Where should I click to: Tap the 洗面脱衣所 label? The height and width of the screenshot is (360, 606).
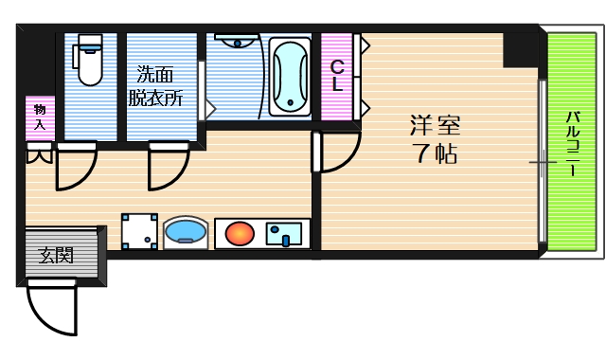156,85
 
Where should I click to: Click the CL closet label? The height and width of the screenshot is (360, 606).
336,76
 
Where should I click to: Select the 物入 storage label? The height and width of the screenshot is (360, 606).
40,117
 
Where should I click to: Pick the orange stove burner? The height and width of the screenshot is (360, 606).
240,232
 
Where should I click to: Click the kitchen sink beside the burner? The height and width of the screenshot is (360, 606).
284,232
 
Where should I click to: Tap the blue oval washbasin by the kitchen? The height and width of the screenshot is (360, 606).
186,232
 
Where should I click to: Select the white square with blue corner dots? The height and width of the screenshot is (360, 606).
140,230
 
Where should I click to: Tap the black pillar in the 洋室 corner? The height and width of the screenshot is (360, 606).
519,48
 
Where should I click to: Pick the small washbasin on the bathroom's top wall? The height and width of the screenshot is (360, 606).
234,40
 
